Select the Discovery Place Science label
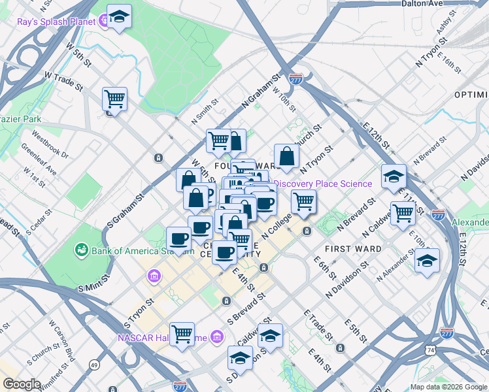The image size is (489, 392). (323, 184)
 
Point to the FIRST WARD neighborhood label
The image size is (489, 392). (354, 249)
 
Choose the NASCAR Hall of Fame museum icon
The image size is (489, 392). (217, 337)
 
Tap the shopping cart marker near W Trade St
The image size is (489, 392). (115, 99)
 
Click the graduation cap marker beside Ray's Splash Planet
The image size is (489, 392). (119, 18)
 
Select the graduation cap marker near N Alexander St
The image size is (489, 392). (427, 260)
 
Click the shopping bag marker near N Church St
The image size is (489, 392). (286, 156)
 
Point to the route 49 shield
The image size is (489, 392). (95, 364)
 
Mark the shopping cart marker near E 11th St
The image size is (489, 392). (403, 213)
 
